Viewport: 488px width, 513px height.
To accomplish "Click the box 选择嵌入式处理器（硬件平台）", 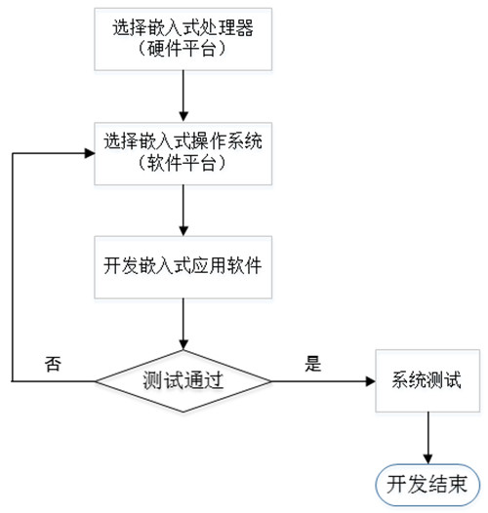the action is click(183, 39).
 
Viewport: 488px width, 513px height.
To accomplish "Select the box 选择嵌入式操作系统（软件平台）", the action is click(183, 153).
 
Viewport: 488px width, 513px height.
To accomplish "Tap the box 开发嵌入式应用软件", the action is click(183, 267).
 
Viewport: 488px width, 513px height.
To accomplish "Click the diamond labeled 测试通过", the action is click(183, 381).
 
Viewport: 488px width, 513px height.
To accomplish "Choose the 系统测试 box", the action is click(427, 380).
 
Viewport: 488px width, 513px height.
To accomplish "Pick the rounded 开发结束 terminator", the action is click(427, 484).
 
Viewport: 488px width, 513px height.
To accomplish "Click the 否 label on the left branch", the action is click(53, 364).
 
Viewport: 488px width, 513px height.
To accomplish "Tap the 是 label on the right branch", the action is click(312, 364).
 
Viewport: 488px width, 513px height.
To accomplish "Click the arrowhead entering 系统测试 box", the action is click(371, 381).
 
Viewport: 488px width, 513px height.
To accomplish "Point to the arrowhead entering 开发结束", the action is click(427, 459).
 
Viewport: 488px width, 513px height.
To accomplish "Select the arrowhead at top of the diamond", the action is click(183, 345).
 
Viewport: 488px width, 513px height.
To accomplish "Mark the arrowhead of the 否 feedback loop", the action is click(90, 153).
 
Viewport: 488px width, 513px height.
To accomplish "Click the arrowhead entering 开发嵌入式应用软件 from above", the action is click(183, 231).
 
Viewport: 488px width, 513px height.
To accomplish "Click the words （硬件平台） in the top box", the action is click(183, 49).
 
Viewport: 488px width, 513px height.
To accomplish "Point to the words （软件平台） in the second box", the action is click(183, 163).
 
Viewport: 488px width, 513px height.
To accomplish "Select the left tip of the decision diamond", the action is click(96, 381).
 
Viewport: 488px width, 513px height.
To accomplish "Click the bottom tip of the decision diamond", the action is click(183, 412).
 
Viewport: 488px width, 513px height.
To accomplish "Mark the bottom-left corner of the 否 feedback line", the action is click(13, 381).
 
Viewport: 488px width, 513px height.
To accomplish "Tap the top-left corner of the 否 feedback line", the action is click(13, 153).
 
